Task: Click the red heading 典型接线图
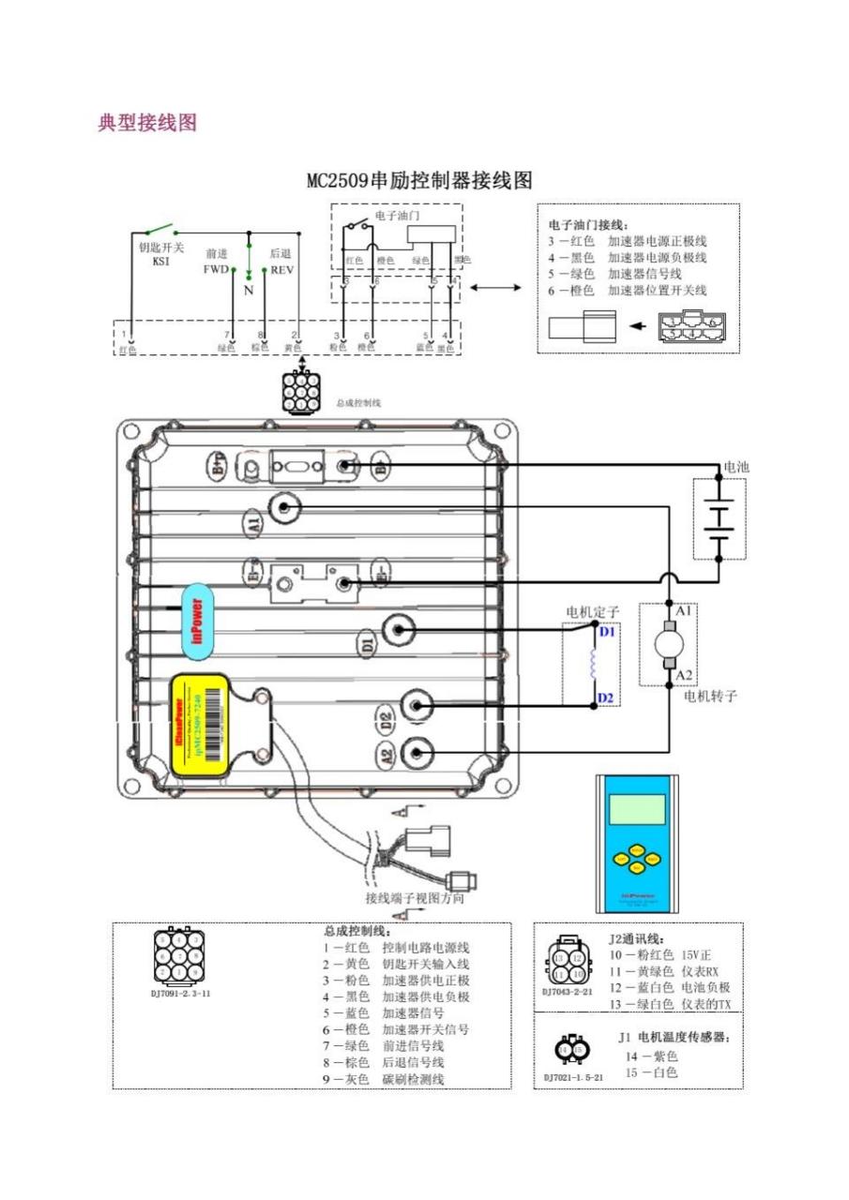(147, 123)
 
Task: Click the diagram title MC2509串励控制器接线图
(419, 180)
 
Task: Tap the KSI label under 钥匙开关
(160, 262)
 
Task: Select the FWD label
(216, 268)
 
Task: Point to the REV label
(281, 268)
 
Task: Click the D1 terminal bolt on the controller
(400, 630)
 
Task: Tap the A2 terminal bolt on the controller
(416, 752)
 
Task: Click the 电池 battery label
(736, 467)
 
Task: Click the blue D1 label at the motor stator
(607, 632)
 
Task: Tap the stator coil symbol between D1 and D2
(593, 665)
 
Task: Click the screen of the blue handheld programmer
(636, 808)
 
